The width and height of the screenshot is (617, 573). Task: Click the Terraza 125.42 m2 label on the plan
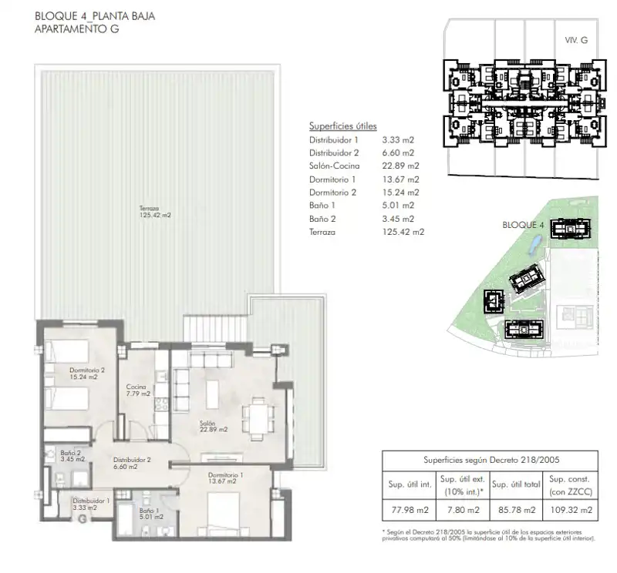pos(155,212)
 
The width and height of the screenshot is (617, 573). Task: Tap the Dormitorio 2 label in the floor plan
pos(86,374)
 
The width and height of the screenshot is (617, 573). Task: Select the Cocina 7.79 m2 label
pos(138,390)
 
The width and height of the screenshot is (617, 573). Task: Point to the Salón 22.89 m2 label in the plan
pos(214,427)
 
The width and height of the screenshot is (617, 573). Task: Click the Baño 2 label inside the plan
pos(72,456)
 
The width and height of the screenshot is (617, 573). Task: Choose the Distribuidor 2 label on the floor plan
pos(132,463)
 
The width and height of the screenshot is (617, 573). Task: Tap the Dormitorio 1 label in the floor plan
pos(225,478)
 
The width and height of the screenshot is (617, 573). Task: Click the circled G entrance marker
pos(83,519)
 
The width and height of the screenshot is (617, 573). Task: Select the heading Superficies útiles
pos(342,126)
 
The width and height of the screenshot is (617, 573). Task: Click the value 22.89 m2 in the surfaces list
pos(400,166)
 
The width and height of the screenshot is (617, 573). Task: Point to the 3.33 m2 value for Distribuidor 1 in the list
pos(398,140)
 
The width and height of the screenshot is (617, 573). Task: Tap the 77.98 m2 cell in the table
pos(410,510)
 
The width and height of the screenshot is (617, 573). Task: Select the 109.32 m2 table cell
pos(571,510)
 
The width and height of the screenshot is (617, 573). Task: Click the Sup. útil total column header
pos(516,484)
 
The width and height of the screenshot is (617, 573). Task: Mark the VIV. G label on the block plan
pos(576,40)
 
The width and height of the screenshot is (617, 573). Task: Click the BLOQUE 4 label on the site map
pos(523,225)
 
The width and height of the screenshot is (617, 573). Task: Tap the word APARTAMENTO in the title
pos(66,28)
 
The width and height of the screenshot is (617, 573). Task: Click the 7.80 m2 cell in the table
pos(464,510)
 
